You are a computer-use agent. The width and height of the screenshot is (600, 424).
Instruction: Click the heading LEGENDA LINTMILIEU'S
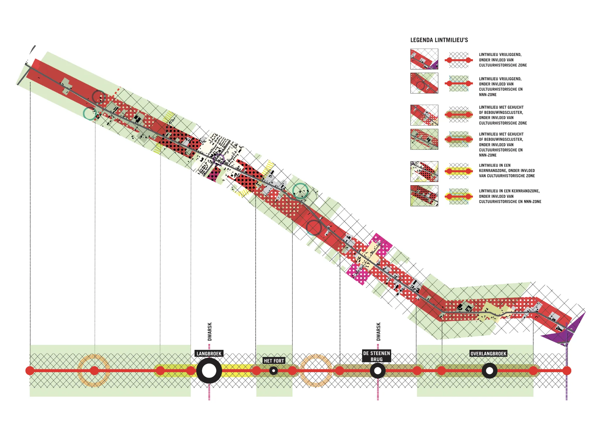[439, 40]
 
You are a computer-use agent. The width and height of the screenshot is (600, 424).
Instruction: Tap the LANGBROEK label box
[209, 353]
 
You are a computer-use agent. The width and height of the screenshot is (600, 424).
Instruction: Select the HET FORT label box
[274, 361]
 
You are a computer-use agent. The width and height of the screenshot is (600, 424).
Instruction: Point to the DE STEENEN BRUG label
[376, 356]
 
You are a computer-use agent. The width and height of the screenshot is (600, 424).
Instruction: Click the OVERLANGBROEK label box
[488, 353]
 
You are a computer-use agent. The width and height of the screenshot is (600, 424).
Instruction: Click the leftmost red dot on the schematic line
[30, 371]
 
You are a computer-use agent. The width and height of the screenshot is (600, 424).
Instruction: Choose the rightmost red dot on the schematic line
[567, 371]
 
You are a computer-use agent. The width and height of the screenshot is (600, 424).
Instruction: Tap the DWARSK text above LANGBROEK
[209, 332]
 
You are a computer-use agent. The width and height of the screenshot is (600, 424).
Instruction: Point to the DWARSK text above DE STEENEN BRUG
[378, 332]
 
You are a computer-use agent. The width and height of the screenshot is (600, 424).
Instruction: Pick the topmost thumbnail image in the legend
[424, 59]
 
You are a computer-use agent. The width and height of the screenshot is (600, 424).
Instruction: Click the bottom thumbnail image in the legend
[424, 196]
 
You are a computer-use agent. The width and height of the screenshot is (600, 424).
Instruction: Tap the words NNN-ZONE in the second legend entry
[487, 95]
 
